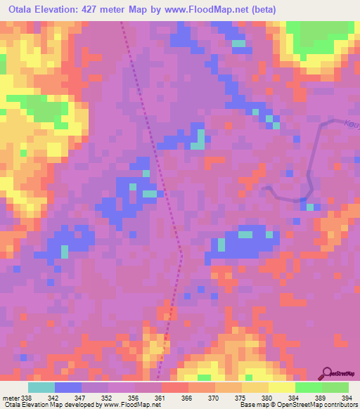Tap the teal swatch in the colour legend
41,387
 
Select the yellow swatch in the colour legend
281,387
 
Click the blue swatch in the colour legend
68,387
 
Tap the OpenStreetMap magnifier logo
328,373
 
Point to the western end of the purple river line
263,188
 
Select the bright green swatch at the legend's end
335,387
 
